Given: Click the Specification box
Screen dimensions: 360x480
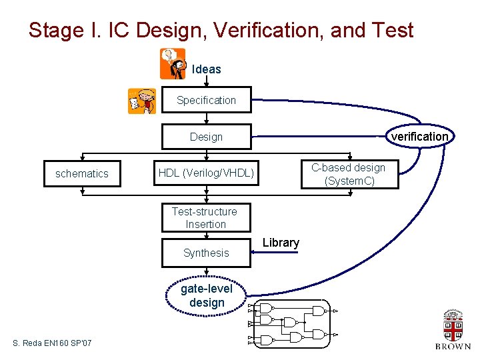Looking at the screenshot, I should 206,100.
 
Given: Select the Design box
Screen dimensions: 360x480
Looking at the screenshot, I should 206,137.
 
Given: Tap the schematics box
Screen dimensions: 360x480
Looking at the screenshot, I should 82,173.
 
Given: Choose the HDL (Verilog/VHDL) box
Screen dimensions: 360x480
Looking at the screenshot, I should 206,173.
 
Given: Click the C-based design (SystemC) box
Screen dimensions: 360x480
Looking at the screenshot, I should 349,173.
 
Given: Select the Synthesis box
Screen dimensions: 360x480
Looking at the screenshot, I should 206,253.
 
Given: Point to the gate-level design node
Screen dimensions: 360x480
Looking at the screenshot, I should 207,295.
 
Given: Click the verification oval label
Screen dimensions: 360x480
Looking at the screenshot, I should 420,137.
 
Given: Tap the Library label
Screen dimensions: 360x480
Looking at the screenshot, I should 281,243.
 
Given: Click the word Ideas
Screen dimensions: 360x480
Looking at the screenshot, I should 207,69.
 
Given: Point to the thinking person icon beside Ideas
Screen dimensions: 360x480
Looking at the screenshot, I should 173,63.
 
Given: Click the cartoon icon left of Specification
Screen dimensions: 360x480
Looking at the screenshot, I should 142,101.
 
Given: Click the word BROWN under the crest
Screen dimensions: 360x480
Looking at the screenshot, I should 453,346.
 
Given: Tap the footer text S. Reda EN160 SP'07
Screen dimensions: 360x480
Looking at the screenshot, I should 52,343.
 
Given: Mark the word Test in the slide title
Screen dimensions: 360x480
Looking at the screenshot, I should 393,30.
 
